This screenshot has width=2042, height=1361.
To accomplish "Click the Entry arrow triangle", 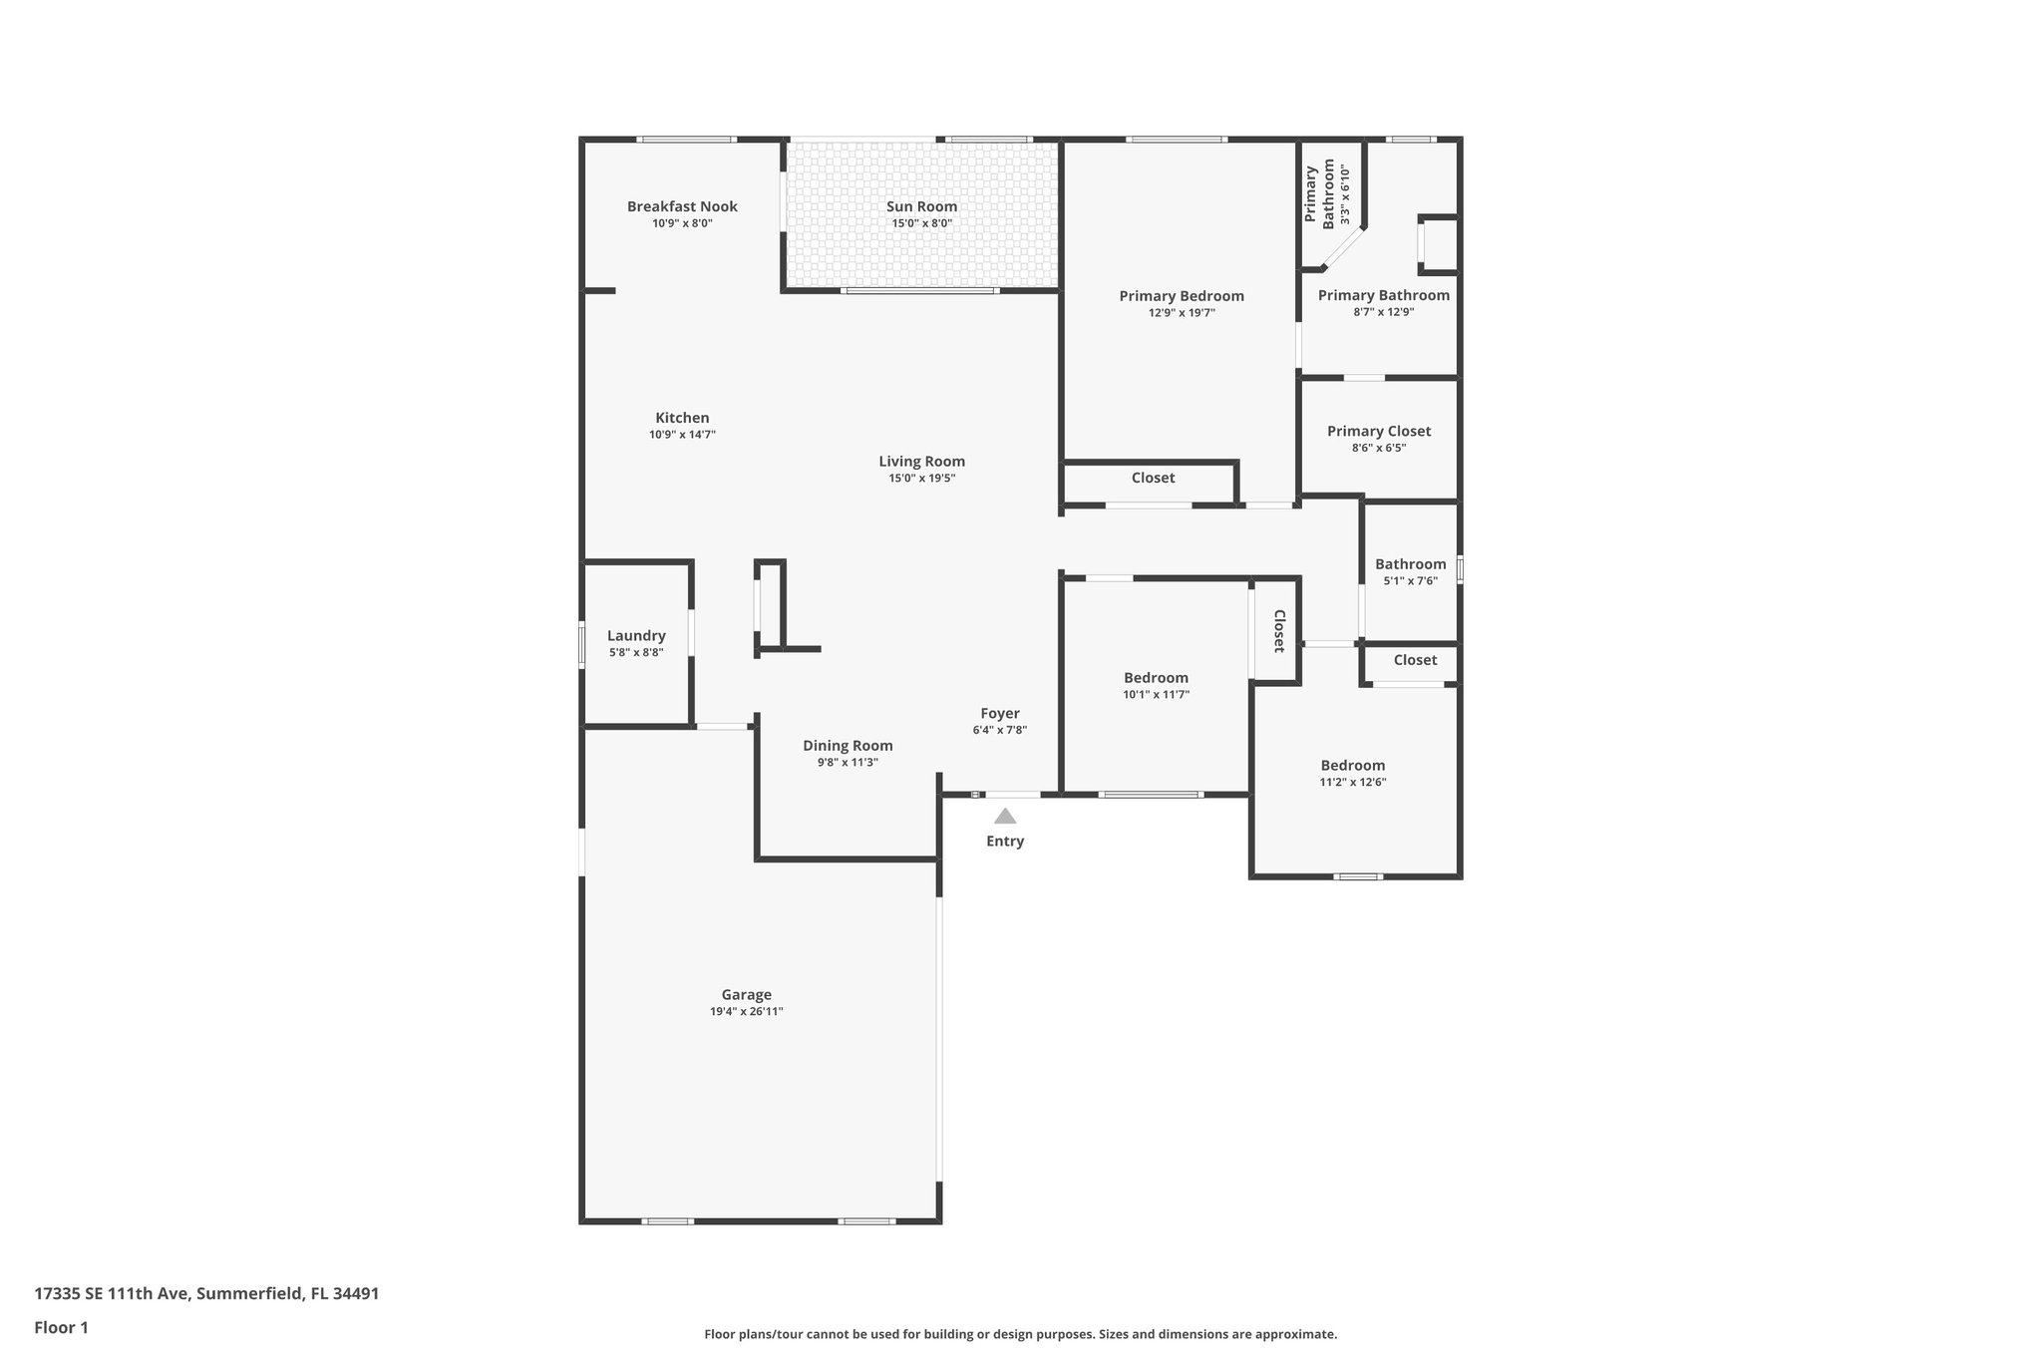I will [x=1005, y=816].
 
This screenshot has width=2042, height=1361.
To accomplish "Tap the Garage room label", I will [x=746, y=994].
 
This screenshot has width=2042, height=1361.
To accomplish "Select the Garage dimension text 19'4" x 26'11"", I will [x=746, y=1011].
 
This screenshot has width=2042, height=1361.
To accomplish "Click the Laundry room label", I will [x=636, y=635].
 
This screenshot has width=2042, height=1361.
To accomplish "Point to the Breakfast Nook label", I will [x=682, y=206].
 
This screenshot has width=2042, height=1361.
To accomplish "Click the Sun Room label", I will [x=921, y=206].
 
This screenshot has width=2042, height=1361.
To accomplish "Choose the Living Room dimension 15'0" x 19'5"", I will [x=921, y=478].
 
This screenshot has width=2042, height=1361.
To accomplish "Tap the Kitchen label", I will [x=682, y=418].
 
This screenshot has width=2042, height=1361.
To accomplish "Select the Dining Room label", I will [x=848, y=745].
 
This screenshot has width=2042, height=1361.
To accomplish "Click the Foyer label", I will [x=999, y=713].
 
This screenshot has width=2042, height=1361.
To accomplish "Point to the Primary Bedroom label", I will [x=1181, y=295].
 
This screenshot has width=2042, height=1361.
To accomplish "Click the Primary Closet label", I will [x=1378, y=431].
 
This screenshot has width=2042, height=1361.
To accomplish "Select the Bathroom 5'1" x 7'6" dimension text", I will [x=1410, y=580].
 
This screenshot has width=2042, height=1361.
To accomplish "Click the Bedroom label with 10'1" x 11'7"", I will [x=1156, y=677].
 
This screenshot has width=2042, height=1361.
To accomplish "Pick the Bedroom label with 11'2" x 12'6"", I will [x=1352, y=765].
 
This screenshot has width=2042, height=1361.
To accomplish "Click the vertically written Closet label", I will [x=1278, y=631].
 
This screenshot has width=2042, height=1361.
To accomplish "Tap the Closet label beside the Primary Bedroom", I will [x=1153, y=478].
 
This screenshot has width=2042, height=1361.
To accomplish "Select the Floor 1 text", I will [x=61, y=1327].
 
